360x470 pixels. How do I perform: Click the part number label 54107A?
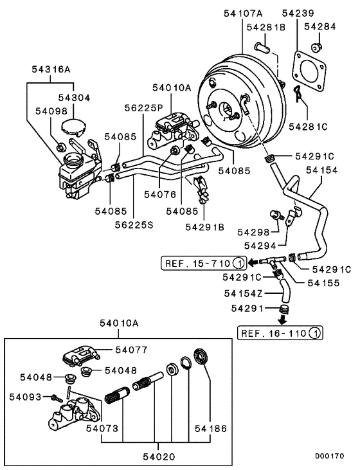click(243, 12)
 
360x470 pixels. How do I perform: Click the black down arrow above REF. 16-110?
click(283, 320)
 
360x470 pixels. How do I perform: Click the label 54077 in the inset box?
click(131, 350)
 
